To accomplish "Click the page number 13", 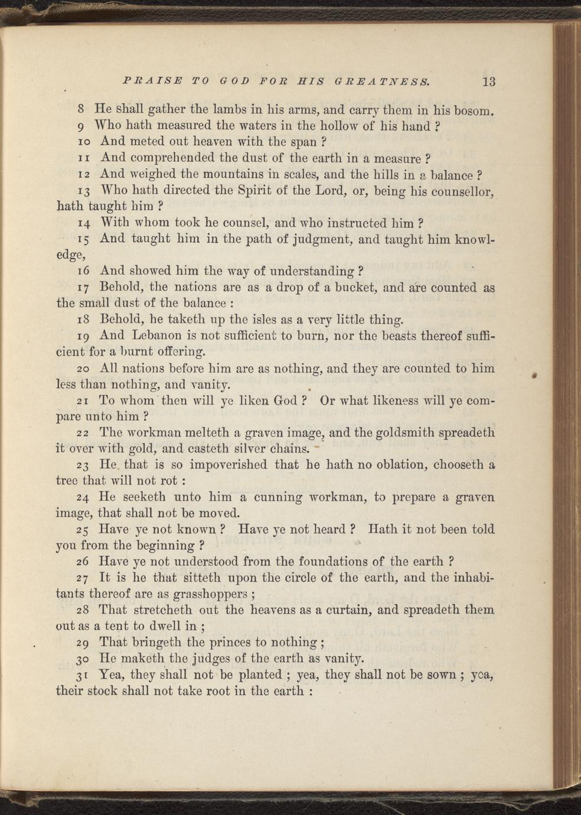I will pos(488,81).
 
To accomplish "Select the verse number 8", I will pos(83,109).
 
